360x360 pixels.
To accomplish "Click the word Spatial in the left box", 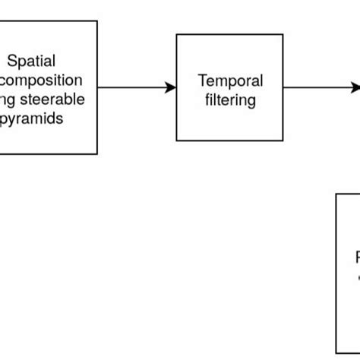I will pyautogui.click(x=32, y=61).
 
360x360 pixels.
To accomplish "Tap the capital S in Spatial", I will pyautogui.click(x=11, y=61).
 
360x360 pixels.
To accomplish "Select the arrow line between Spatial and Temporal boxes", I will pyautogui.click(x=133, y=88).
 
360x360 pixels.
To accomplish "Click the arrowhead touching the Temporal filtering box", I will pyautogui.click(x=171, y=88).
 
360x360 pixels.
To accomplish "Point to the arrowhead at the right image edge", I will pyautogui.click(x=355, y=88).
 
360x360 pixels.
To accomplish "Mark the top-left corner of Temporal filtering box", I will pyautogui.click(x=177, y=34).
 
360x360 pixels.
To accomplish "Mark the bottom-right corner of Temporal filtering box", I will pyautogui.click(x=283, y=142).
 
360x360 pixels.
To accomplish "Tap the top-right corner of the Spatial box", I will pyautogui.click(x=97, y=21).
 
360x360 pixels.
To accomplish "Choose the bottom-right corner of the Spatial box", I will pyautogui.click(x=97, y=154).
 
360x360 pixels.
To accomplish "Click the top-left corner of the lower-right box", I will pyautogui.click(x=336, y=194).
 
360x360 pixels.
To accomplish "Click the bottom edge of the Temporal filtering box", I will pyautogui.click(x=229, y=142).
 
